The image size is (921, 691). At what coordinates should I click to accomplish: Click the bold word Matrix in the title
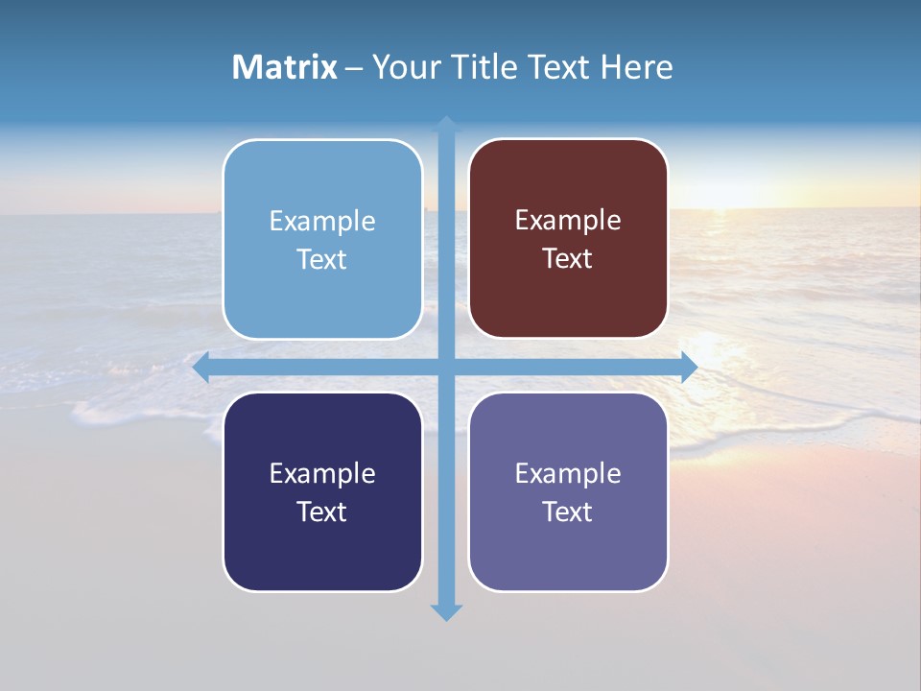[x=285, y=67]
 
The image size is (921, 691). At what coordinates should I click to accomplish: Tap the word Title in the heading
[x=487, y=67]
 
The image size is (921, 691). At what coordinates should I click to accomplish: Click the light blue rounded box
[x=322, y=240]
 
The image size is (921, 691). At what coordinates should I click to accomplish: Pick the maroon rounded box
[x=568, y=239]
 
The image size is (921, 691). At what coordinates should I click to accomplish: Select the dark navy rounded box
[x=322, y=492]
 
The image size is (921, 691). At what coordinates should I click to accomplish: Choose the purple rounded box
[x=568, y=492]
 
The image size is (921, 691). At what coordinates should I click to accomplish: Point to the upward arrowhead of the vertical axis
[x=446, y=124]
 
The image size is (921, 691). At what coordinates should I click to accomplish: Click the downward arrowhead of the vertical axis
[x=446, y=612]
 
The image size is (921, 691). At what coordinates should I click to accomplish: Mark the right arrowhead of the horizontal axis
[x=689, y=368]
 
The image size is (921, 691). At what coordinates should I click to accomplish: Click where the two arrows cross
[x=446, y=368]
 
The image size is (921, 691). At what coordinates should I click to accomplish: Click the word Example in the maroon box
[x=568, y=221]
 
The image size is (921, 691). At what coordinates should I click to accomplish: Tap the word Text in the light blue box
[x=322, y=260]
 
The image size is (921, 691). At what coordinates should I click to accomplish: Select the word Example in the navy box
[x=322, y=473]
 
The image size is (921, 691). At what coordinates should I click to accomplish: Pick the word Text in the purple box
[x=568, y=512]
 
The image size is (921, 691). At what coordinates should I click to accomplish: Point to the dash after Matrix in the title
[x=354, y=68]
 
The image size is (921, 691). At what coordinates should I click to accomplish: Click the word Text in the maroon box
[x=568, y=259]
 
